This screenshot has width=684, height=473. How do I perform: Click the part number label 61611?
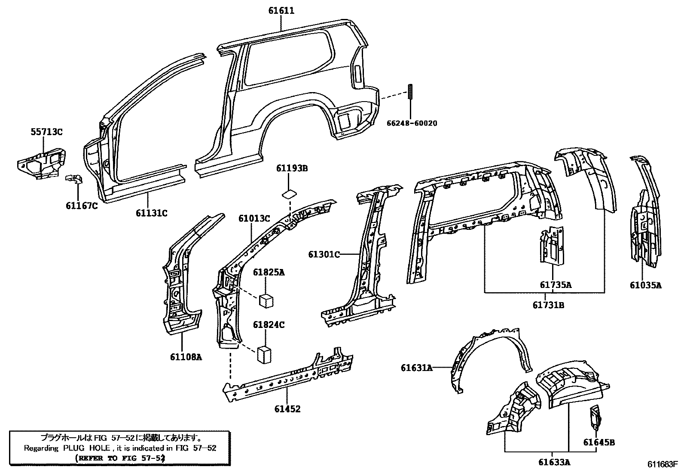(x=281, y=10)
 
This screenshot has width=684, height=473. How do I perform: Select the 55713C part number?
(x=46, y=132)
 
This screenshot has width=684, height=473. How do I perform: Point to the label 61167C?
(x=82, y=206)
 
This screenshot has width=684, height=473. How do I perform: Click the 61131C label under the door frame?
(x=152, y=213)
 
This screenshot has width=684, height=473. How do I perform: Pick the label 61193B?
(x=292, y=168)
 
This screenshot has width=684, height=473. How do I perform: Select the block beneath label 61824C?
(x=264, y=355)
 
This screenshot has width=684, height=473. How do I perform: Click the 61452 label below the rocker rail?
(x=287, y=409)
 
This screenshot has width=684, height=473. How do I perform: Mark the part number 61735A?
(x=556, y=284)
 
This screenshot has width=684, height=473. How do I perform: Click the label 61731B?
(x=548, y=305)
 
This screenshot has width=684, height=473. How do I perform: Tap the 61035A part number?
(x=646, y=285)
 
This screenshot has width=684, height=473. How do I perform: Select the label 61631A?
(x=417, y=368)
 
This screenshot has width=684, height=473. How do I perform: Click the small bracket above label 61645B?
(x=595, y=417)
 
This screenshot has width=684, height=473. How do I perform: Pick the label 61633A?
(x=554, y=463)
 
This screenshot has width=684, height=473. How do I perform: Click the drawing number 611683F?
(x=663, y=465)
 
